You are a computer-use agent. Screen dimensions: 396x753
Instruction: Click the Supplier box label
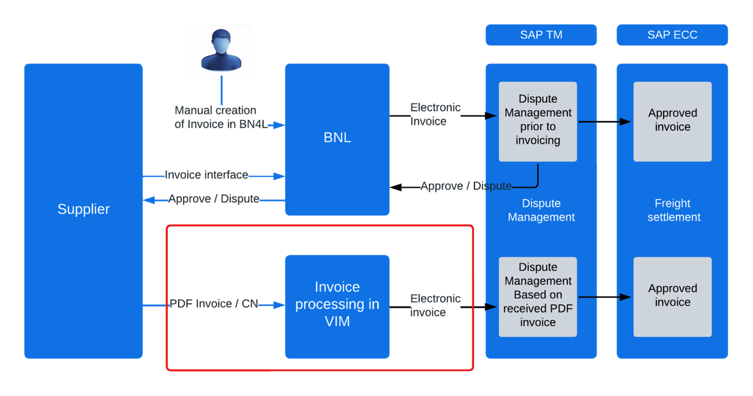[84, 209]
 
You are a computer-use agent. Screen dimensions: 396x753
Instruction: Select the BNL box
[337, 138]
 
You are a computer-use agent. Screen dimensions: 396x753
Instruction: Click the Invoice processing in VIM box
[337, 304]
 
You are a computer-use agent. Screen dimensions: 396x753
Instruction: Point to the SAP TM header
[541, 35]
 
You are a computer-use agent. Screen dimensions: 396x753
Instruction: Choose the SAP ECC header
[672, 35]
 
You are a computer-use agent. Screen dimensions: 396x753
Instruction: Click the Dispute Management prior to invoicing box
[538, 120]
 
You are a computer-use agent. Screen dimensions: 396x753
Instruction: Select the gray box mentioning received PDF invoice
[538, 295]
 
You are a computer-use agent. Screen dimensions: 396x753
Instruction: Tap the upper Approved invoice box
[672, 121]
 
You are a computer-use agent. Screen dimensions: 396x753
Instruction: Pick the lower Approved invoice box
[672, 295]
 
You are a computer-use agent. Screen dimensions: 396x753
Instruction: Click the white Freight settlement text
[673, 210]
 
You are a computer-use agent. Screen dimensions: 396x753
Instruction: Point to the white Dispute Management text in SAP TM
[541, 210]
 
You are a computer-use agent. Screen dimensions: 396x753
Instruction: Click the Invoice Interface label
[207, 175]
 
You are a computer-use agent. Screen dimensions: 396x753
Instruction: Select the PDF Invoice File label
[214, 303]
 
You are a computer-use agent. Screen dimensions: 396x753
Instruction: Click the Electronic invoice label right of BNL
[435, 114]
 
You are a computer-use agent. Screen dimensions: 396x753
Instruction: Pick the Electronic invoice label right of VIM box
[435, 305]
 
